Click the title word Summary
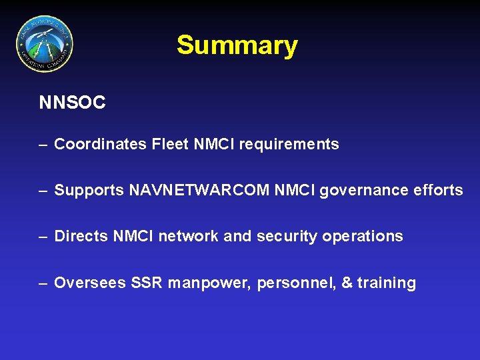[x=237, y=46]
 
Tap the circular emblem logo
[x=45, y=44]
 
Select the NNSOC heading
[x=72, y=103]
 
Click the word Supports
[x=89, y=191]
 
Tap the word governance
[x=361, y=191]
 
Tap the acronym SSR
[x=146, y=283]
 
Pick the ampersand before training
[x=347, y=283]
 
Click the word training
[x=387, y=283]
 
